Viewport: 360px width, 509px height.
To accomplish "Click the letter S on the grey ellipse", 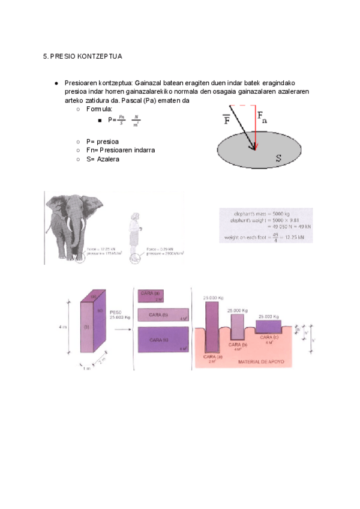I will (278, 158).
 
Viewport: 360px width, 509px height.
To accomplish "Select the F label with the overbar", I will (227, 119).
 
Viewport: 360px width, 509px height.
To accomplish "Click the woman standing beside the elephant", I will (134, 232).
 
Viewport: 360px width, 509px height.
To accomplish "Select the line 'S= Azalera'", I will (103, 159).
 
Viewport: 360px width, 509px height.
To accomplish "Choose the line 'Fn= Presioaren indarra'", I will (121, 150).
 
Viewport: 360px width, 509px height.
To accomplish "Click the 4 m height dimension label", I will (62, 327).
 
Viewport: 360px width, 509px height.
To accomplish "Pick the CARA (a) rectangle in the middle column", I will (151, 295).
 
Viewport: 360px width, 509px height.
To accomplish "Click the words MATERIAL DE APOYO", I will (264, 363).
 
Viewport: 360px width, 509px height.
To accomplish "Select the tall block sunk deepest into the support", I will (212, 330).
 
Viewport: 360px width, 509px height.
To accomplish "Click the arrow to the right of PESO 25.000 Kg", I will (122, 329).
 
